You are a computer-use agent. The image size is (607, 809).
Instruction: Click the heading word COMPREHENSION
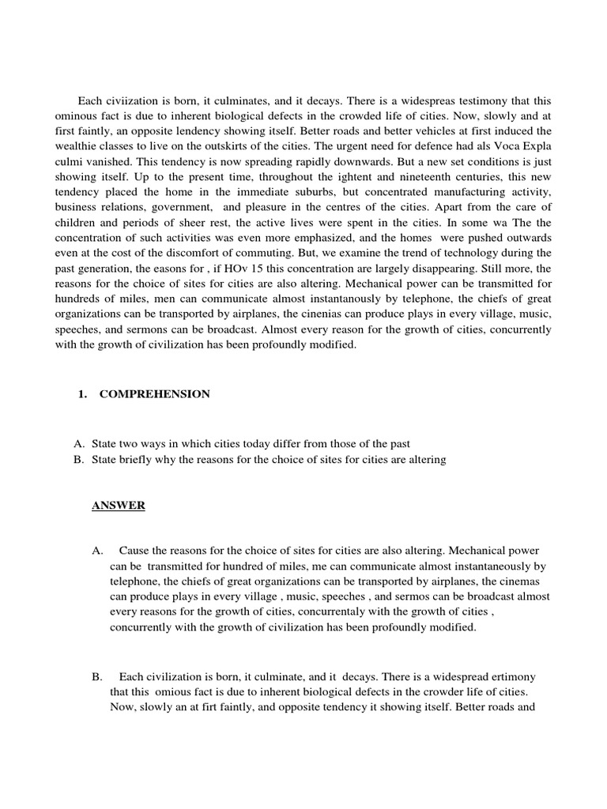pyautogui.click(x=154, y=394)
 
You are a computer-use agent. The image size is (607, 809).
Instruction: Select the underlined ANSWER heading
pyautogui.click(x=118, y=506)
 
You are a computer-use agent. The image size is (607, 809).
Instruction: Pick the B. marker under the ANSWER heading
pyautogui.click(x=97, y=677)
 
